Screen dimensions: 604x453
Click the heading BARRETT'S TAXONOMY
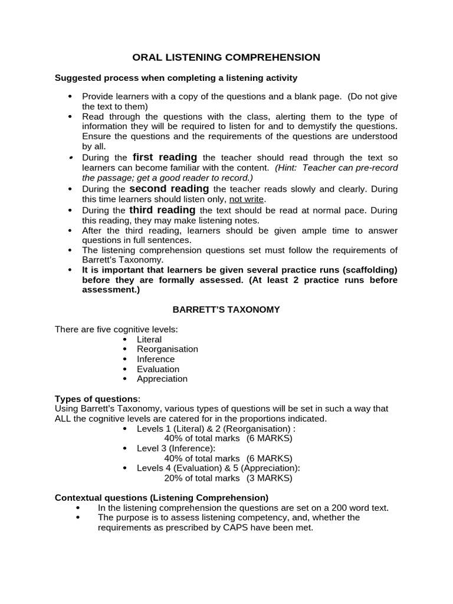pyautogui.click(x=226, y=309)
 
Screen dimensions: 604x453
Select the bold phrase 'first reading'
pyautogui.click(x=165, y=157)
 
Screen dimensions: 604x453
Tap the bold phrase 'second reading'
pyautogui.click(x=169, y=189)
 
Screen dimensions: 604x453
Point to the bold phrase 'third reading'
pyautogui.click(x=162, y=210)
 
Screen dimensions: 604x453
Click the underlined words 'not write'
pyautogui.click(x=248, y=199)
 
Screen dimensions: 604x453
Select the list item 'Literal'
pyautogui.click(x=149, y=340)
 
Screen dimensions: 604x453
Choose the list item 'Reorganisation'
pyautogui.click(x=167, y=349)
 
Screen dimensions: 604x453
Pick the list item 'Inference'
pyautogui.click(x=156, y=359)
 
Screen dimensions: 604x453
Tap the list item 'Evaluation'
pyautogui.click(x=157, y=369)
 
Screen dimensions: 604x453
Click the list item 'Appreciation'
pyautogui.click(x=162, y=379)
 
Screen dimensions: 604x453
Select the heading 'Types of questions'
pyautogui.click(x=97, y=399)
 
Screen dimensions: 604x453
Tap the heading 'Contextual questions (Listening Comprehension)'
pyautogui.click(x=162, y=498)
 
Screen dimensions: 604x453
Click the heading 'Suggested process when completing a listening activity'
pyautogui.click(x=176, y=78)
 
